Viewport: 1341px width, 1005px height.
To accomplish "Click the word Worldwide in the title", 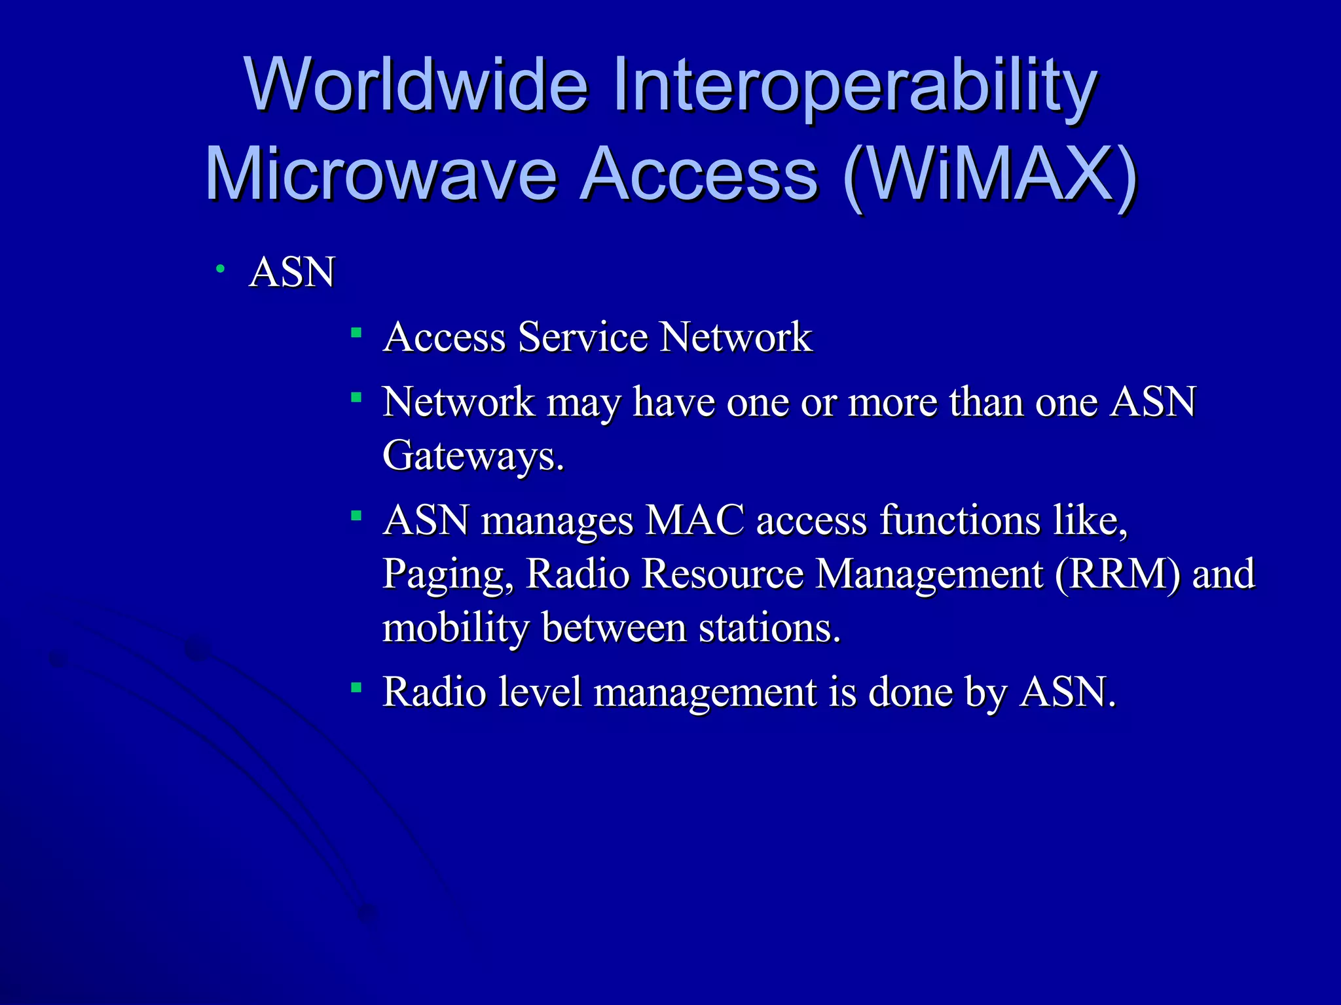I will (416, 85).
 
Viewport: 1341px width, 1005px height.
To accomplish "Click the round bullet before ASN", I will (221, 268).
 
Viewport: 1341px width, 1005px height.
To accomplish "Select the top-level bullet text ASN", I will (292, 272).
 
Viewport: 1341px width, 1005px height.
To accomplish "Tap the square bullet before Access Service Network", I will (356, 333).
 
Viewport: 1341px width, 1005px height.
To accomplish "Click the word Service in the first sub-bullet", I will (583, 337).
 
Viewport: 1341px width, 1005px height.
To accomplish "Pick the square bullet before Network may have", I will (356, 397).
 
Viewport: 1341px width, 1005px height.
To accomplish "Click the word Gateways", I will (473, 455).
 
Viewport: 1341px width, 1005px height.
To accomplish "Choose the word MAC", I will (695, 521).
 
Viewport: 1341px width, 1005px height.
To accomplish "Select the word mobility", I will (455, 627).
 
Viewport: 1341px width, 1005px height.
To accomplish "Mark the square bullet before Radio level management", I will (356, 687).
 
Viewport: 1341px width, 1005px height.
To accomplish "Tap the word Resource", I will (722, 574).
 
